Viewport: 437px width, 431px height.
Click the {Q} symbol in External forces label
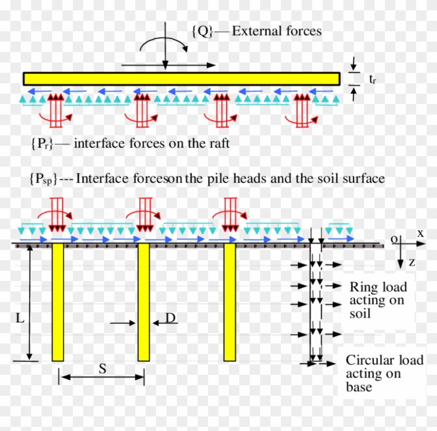202,31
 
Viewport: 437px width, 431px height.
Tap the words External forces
276,31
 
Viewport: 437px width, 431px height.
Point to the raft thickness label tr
372,79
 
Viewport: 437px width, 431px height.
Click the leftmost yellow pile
58,302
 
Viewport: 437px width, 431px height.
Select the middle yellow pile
143,302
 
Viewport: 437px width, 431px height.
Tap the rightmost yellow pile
229,302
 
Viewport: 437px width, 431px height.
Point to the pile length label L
20,318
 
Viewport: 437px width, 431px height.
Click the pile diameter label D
170,318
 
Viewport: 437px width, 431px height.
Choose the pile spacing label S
102,369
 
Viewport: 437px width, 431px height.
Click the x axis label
420,234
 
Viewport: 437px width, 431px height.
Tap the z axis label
412,262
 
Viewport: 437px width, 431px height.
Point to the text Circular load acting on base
384,374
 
